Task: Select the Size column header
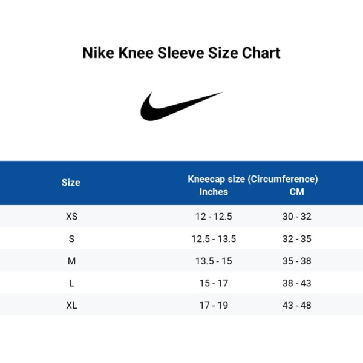click(71, 182)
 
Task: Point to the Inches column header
click(214, 192)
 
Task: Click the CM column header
click(296, 192)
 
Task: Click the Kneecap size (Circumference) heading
click(253, 179)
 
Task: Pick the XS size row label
click(71, 217)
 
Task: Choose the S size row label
click(71, 239)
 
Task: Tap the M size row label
click(71, 261)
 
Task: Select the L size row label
click(71, 283)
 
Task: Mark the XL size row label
click(71, 306)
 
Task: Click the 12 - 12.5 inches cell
click(214, 217)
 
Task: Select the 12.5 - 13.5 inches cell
click(214, 239)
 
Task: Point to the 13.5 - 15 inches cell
click(214, 261)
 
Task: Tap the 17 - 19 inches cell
click(214, 306)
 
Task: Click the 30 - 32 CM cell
click(296, 217)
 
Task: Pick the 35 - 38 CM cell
click(296, 261)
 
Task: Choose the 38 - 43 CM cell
click(296, 283)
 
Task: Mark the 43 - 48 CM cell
click(296, 306)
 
